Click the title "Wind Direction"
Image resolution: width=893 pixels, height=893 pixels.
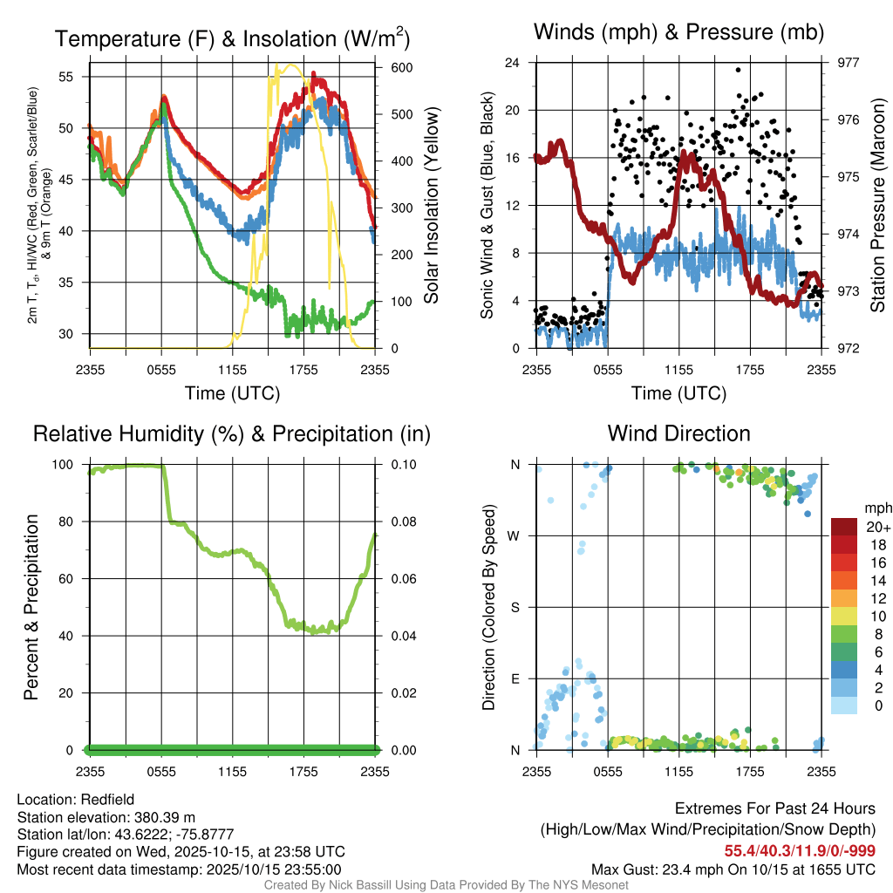678,433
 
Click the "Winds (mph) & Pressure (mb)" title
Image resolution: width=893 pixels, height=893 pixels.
678,32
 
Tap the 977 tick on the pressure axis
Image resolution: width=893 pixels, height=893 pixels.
849,63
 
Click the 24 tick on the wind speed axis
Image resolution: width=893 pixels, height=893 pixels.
514,63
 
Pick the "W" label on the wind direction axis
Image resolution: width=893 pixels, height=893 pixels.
515,535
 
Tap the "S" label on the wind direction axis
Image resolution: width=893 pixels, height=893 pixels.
515,607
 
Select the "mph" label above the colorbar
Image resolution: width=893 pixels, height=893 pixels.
875,508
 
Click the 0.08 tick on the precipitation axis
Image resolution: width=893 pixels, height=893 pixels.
402,521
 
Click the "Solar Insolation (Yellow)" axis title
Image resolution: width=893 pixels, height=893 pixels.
432,205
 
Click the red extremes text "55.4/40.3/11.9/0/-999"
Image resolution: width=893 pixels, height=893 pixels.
800,850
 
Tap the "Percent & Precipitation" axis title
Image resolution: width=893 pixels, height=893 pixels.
30,607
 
